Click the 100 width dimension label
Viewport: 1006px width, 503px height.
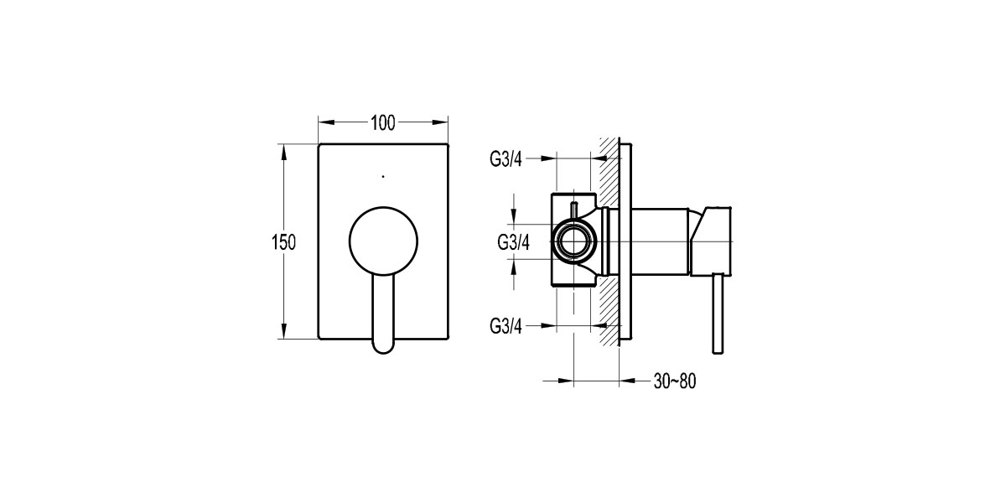[382, 122]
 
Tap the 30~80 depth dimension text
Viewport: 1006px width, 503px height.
[675, 381]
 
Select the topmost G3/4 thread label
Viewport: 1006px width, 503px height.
[506, 158]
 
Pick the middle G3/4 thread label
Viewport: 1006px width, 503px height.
[513, 242]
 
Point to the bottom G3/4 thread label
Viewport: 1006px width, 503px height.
[506, 327]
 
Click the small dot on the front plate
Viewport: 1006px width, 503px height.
[383, 177]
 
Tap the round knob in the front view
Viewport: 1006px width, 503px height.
[383, 241]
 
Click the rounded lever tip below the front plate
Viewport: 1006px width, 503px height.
[383, 342]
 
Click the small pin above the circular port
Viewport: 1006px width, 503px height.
[575, 208]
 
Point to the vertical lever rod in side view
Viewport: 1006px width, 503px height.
[718, 314]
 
